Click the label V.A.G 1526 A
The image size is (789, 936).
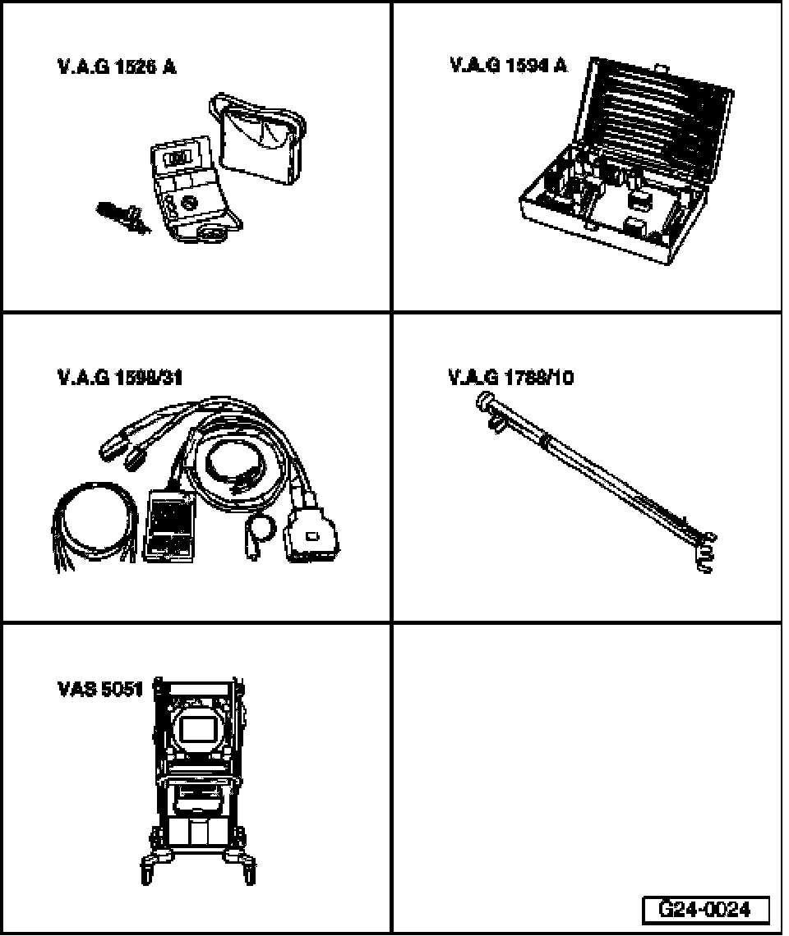pos(116,67)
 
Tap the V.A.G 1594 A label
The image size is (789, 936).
pos(508,65)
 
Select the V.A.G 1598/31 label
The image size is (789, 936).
pos(120,377)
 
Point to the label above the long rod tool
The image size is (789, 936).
pos(510,377)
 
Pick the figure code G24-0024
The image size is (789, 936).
pos(705,910)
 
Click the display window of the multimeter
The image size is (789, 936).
pos(178,155)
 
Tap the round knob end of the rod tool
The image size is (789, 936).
pos(483,401)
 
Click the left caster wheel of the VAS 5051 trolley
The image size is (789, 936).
pos(149,868)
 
